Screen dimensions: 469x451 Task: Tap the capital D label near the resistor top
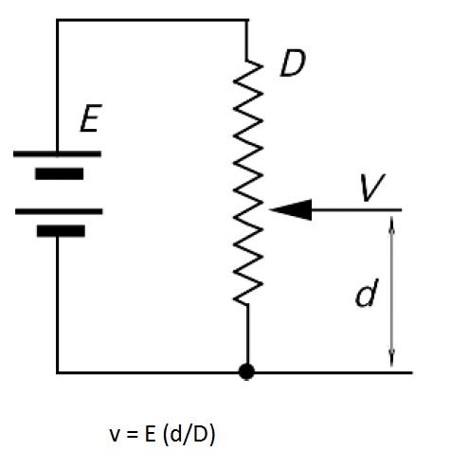click(x=294, y=65)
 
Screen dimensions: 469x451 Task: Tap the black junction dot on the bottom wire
click(x=246, y=372)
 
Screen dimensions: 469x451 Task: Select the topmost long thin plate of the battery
click(x=59, y=153)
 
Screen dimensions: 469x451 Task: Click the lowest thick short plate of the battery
click(x=59, y=230)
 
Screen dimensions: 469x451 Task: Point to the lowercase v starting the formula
click(x=116, y=435)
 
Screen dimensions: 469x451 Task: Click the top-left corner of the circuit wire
click(x=58, y=20)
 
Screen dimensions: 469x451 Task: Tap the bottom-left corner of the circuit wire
click(x=58, y=372)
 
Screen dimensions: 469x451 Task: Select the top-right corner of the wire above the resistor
click(x=247, y=20)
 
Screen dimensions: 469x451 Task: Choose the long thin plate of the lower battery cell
click(x=59, y=211)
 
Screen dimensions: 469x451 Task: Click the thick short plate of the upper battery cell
click(x=59, y=173)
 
